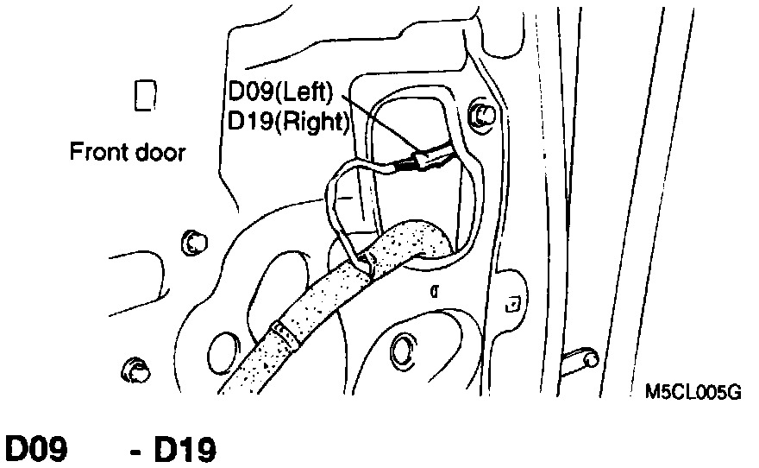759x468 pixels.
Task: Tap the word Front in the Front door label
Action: tap(97, 153)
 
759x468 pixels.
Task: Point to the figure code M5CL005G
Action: tap(693, 390)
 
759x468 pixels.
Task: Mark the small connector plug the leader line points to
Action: tap(424, 160)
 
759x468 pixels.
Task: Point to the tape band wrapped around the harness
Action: tap(282, 335)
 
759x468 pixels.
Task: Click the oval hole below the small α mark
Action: tap(403, 350)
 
